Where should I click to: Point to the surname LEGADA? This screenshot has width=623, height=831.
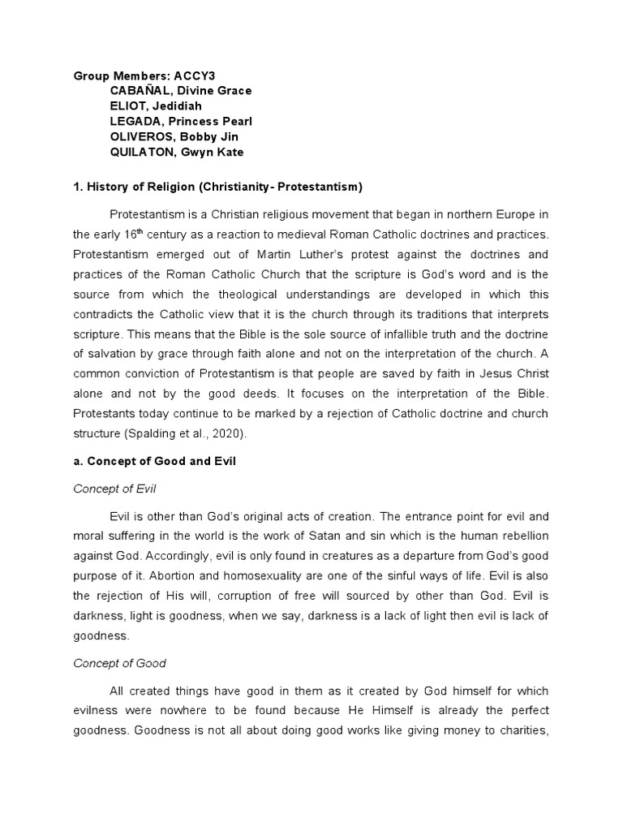[x=135, y=121]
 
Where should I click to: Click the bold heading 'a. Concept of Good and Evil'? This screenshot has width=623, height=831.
[x=154, y=461]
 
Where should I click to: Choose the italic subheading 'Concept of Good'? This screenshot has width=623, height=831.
[x=119, y=663]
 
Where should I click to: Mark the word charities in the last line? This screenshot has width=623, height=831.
[x=521, y=730]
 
